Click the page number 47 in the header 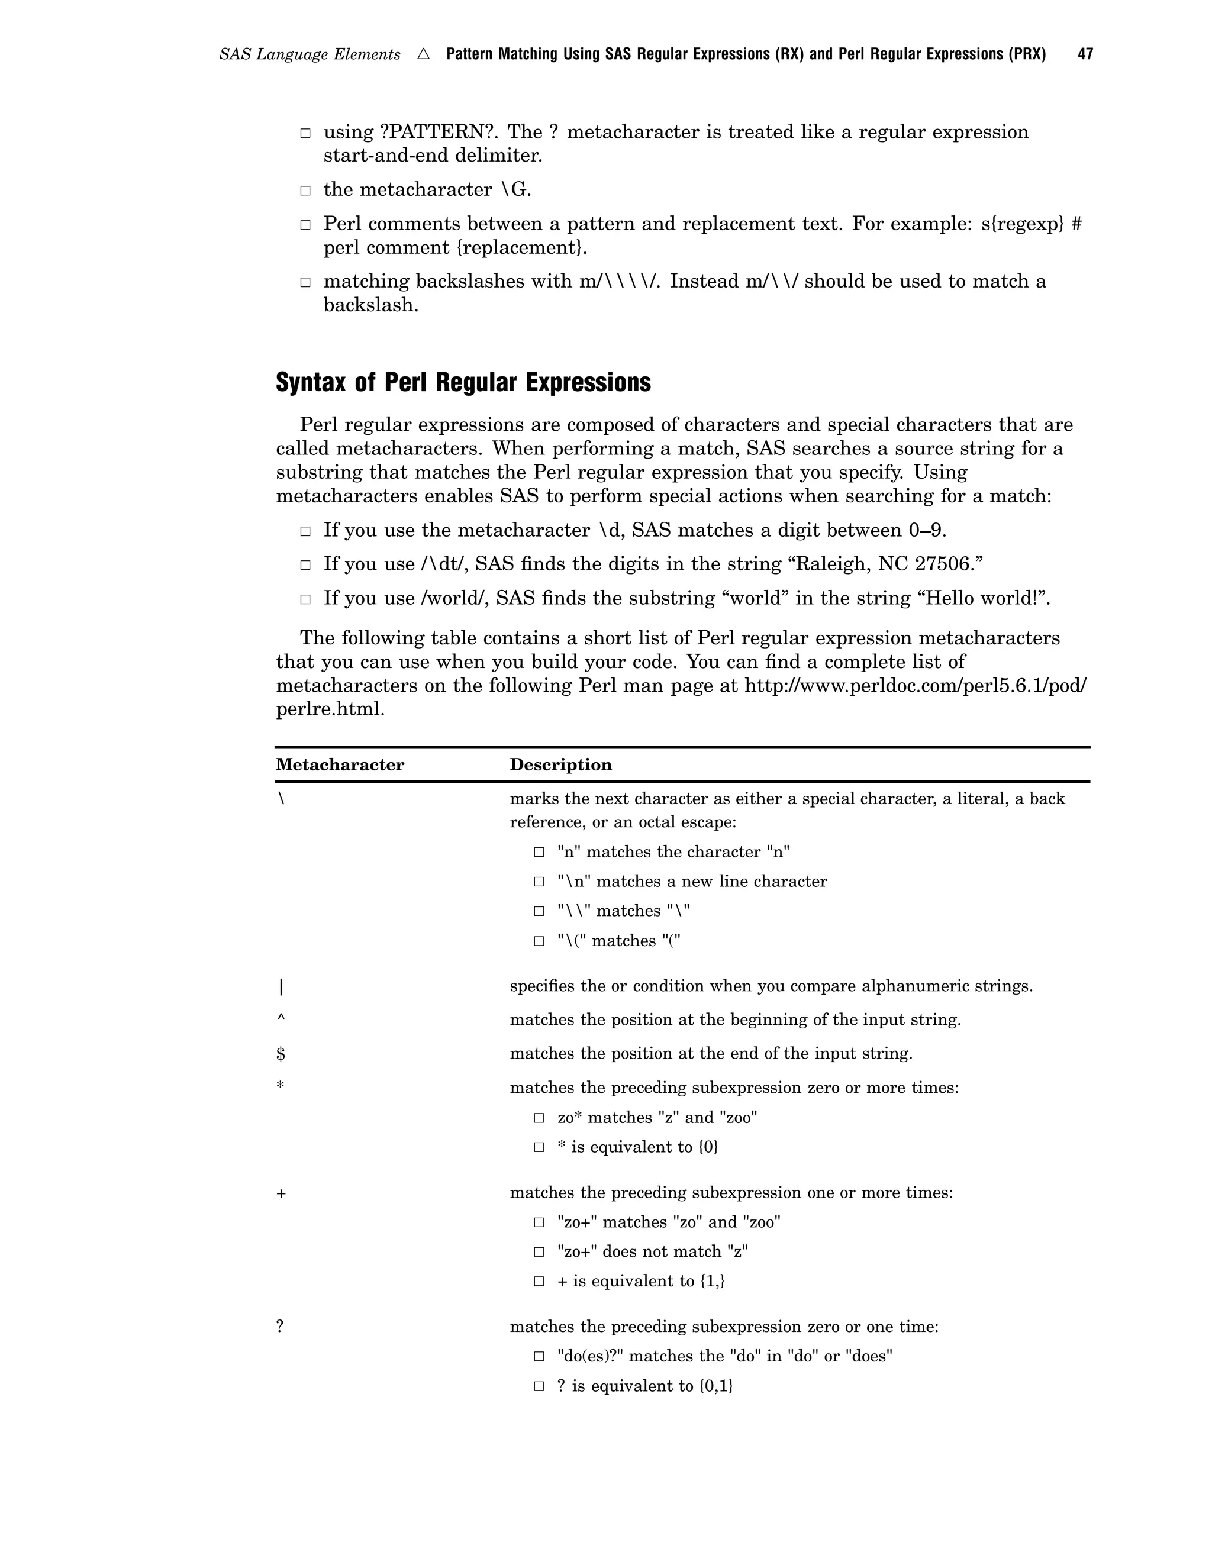(1085, 54)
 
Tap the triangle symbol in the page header (423, 54)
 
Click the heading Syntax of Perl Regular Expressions (463, 382)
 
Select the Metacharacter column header (340, 764)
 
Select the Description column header (561, 764)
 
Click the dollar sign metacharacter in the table (281, 1054)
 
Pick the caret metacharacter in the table (281, 1018)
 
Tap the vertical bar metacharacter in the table (281, 987)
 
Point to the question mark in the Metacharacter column (280, 1327)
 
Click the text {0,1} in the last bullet (716, 1386)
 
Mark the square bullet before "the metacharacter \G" (305, 191)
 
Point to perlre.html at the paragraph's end (330, 709)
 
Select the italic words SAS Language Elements (310, 54)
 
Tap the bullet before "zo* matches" (539, 1118)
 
